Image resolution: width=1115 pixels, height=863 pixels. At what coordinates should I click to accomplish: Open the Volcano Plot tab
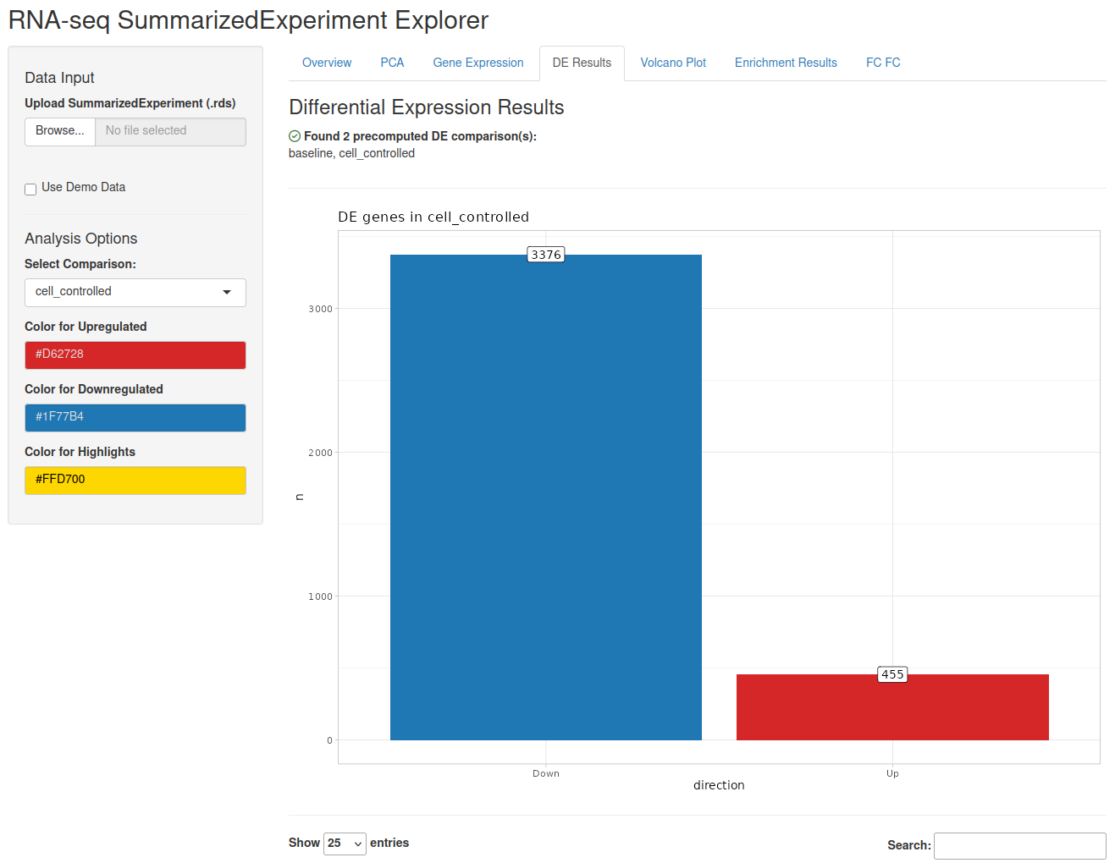[672, 63]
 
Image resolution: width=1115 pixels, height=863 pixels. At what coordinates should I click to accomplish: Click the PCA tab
[391, 63]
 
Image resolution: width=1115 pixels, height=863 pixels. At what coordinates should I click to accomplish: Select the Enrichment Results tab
[785, 63]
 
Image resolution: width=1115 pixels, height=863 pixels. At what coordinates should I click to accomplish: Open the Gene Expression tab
[477, 63]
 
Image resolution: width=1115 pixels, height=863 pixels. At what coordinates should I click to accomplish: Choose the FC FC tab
[882, 63]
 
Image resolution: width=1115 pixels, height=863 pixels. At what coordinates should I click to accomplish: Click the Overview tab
[326, 63]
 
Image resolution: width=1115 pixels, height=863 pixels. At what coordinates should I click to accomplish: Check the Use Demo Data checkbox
[30, 190]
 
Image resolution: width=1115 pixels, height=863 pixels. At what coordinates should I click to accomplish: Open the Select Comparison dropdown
[135, 292]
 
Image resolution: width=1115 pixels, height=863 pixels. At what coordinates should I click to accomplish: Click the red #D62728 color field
[135, 355]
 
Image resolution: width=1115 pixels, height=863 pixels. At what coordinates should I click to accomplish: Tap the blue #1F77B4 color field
[135, 417]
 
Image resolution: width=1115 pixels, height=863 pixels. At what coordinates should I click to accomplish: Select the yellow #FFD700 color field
[135, 480]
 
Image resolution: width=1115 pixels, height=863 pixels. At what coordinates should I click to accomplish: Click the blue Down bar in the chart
[545, 497]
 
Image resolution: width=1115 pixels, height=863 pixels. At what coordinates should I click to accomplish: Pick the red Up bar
[891, 706]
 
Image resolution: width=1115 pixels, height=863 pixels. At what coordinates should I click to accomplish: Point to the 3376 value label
[545, 255]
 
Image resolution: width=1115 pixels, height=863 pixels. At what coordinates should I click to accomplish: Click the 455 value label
[891, 673]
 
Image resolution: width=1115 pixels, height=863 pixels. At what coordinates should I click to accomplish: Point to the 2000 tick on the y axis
[320, 453]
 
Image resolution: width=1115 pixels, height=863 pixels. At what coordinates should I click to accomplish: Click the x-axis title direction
[719, 784]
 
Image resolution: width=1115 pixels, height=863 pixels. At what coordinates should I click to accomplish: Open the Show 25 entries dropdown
[345, 843]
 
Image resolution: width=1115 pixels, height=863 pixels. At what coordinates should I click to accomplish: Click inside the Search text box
[1019, 845]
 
